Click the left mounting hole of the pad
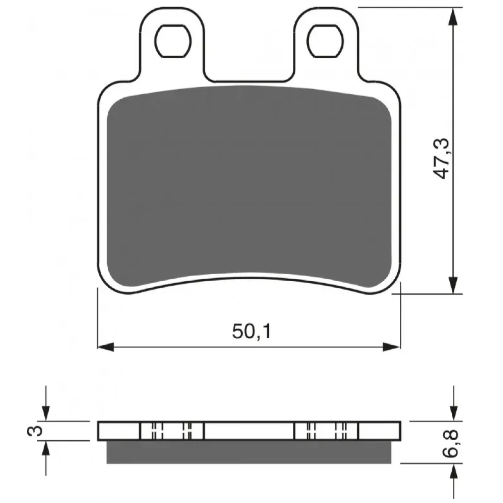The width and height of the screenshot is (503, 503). tap(173, 41)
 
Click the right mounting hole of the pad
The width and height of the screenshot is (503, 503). tap(325, 41)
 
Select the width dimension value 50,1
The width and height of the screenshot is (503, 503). tap(251, 331)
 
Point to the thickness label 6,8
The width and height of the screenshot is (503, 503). tap(450, 443)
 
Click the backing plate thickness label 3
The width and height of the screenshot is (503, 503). tap(35, 430)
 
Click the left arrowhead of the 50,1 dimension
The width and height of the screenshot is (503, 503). tap(106, 347)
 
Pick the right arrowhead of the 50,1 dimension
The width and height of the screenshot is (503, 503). tap(392, 347)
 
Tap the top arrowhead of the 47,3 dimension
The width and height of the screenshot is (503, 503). tap(453, 16)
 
